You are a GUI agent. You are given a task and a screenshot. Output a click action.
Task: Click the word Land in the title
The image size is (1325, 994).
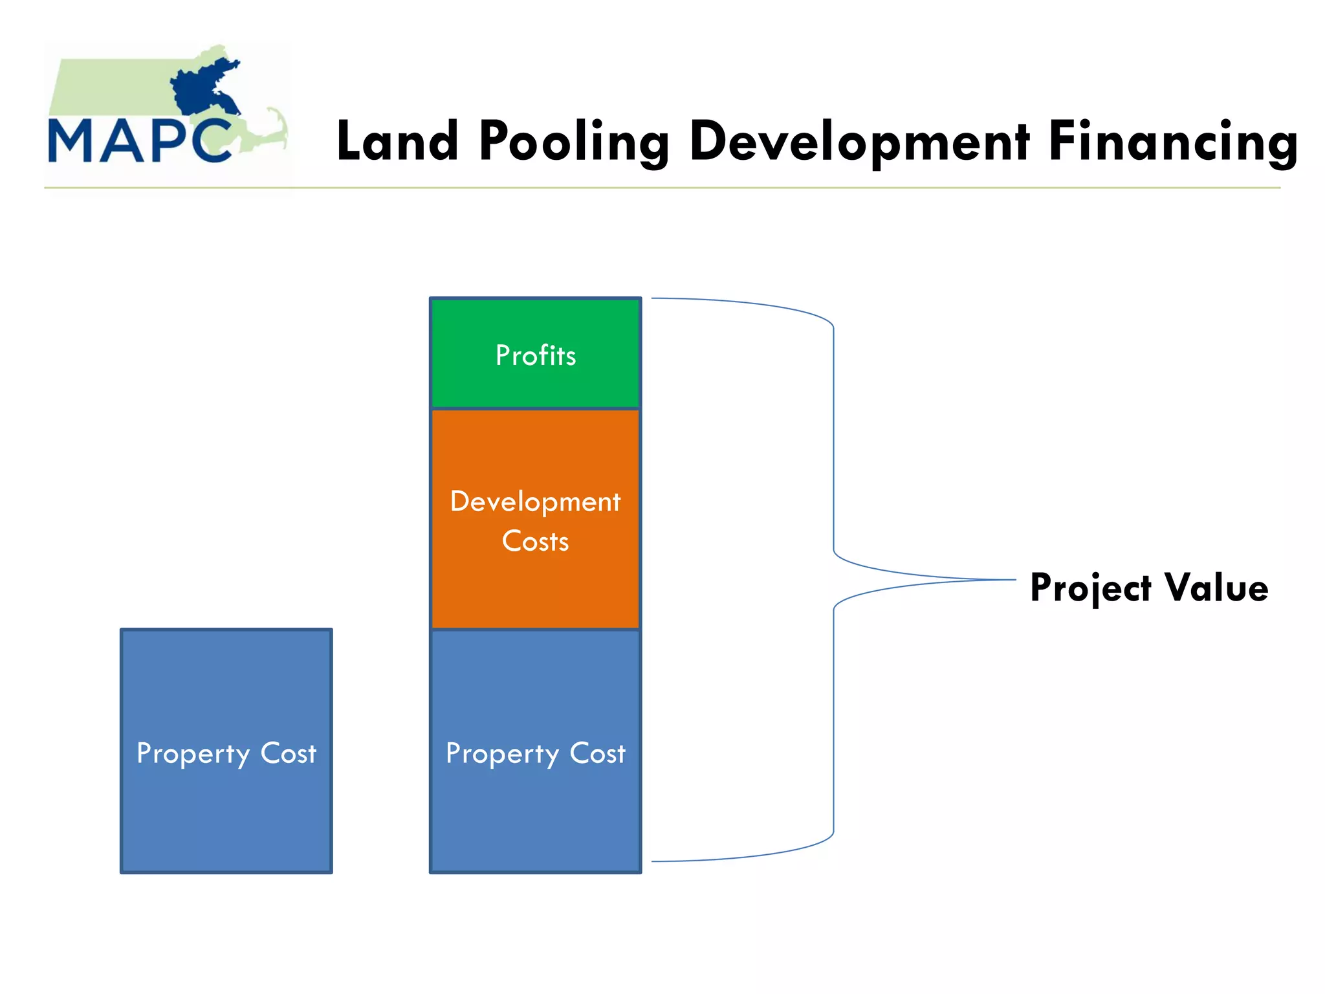coord(397,142)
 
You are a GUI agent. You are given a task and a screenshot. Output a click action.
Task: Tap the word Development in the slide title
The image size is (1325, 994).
coord(860,142)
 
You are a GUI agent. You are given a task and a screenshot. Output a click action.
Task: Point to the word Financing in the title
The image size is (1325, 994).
coord(1172,142)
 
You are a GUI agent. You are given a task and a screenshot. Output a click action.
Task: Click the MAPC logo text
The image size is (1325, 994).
coord(139,140)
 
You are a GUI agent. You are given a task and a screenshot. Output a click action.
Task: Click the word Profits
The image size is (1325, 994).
coord(536,355)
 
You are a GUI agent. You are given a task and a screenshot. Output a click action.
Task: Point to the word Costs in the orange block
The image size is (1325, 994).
coord(536,541)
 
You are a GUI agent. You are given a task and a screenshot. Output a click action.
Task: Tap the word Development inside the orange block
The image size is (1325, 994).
coord(536,502)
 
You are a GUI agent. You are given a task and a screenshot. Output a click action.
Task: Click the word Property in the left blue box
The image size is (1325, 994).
coord(193,754)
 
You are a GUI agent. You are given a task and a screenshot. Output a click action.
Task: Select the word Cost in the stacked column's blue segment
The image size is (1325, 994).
coord(597,753)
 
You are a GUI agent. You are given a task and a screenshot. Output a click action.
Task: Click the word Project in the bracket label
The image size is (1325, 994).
coord(1090,588)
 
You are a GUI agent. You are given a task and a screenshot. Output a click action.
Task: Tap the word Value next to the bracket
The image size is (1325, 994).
coord(1216,588)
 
